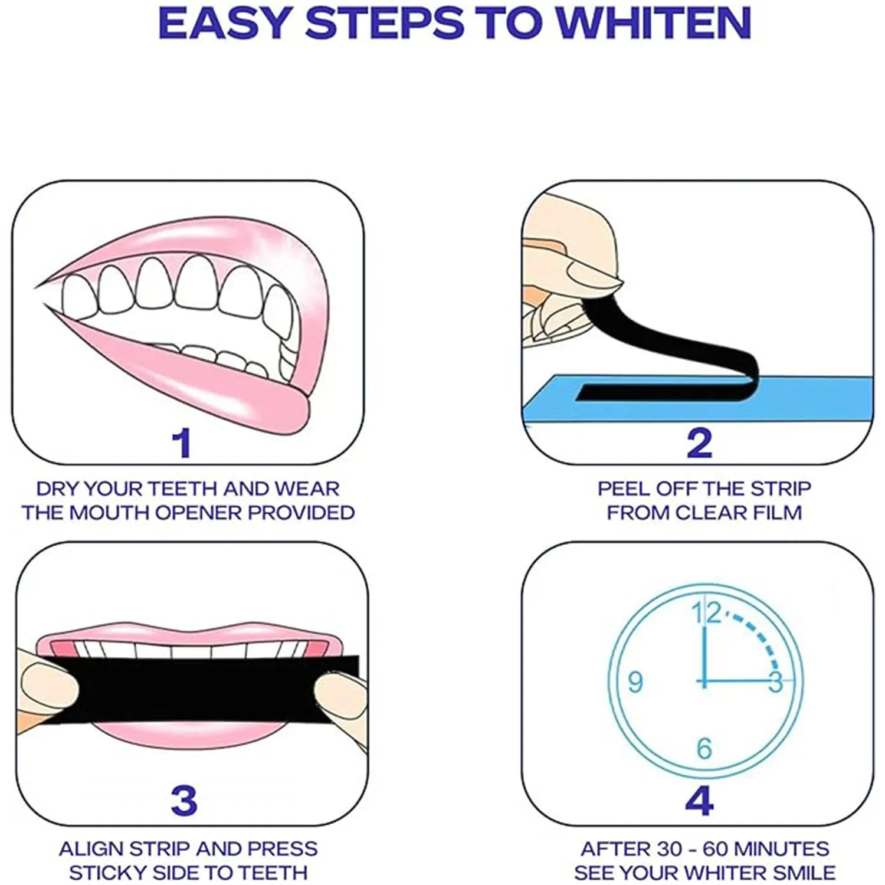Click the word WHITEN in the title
(654, 24)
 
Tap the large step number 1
(182, 443)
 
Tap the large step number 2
(700, 443)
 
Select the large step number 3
(183, 801)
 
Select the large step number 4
(700, 801)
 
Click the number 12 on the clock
(707, 614)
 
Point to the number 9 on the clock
(635, 682)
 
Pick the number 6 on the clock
(704, 749)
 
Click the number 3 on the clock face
(775, 682)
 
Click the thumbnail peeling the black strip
(590, 274)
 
